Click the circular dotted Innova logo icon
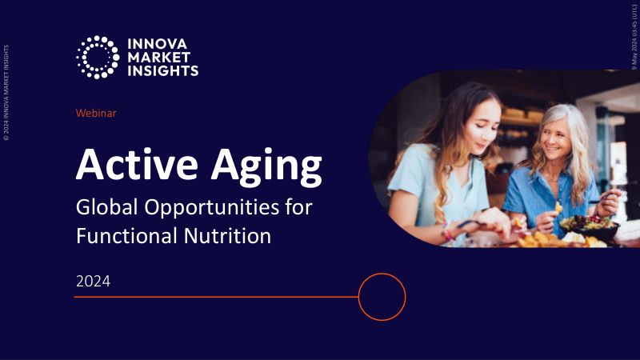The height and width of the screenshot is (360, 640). point(98,57)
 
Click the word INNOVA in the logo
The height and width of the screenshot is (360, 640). point(157,44)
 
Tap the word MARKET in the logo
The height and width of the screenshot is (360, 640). point(159,58)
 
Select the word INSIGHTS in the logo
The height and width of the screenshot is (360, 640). point(163,70)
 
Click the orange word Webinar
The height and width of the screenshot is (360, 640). point(96,113)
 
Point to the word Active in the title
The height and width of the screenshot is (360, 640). point(137,164)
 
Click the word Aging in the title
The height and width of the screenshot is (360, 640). point(266,167)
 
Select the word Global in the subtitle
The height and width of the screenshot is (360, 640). point(106,206)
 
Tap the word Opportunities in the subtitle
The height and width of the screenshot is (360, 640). point(211,208)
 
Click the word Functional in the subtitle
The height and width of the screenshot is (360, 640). point(127,236)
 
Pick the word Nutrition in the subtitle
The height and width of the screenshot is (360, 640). point(227,236)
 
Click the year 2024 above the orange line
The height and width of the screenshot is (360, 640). point(93,282)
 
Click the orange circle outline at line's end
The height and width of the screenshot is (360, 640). point(382,274)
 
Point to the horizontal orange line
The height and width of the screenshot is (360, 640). point(216,297)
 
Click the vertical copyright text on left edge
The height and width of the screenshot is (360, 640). point(6,93)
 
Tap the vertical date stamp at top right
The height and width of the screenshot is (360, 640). point(634,37)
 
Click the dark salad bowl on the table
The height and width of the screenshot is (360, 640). point(590,227)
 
